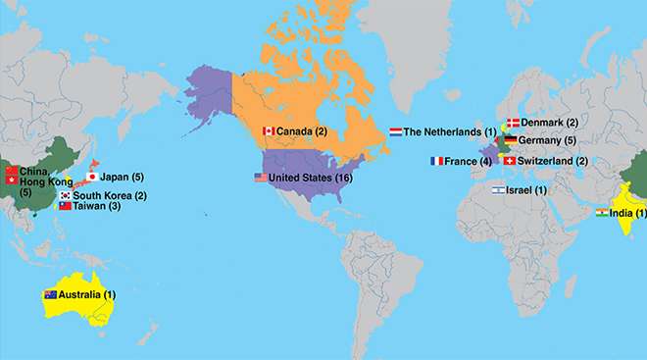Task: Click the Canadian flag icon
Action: (x=268, y=131)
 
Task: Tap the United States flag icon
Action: (x=260, y=178)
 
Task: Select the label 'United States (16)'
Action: (x=310, y=178)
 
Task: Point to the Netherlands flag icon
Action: (x=395, y=131)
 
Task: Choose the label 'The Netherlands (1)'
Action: (x=450, y=131)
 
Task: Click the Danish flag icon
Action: (x=511, y=123)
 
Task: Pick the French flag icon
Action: (x=436, y=161)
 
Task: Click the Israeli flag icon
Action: (x=498, y=189)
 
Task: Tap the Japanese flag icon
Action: (x=91, y=177)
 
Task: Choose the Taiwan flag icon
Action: (x=66, y=206)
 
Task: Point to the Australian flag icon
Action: (x=50, y=294)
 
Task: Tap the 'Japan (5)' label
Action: (x=123, y=177)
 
